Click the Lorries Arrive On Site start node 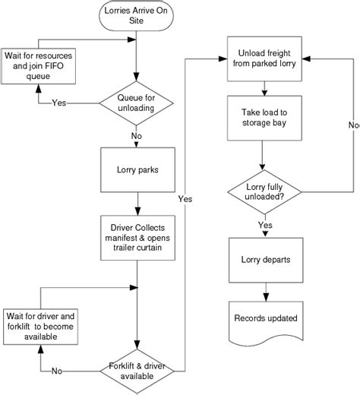[137, 15]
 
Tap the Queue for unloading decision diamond [137, 102]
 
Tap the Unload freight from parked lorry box [262, 58]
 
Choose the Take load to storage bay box [262, 118]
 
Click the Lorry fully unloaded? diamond [263, 191]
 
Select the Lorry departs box [263, 259]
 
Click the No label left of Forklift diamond [58, 371]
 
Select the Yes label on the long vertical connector [185, 199]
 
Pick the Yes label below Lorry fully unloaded [265, 225]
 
